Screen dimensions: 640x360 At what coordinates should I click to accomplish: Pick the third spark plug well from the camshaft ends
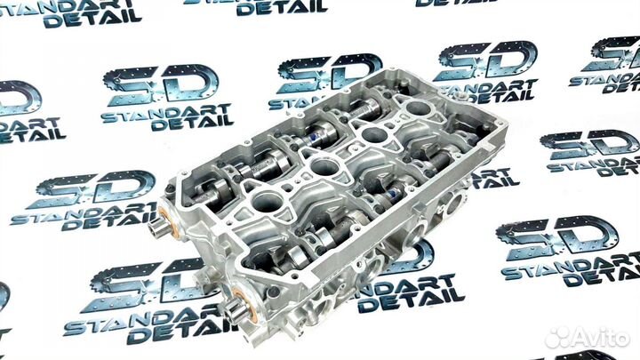point(374,134)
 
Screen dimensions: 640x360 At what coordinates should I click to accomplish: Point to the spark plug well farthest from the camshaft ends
point(418,108)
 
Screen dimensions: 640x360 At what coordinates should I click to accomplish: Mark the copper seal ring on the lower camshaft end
point(246,305)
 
